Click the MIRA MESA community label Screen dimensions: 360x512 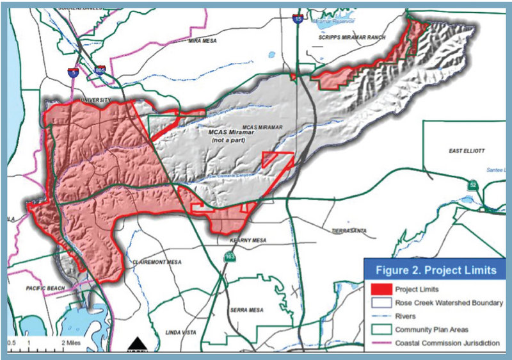click(x=204, y=41)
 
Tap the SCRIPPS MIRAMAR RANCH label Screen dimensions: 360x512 click(x=353, y=38)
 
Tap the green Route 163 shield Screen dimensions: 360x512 click(x=228, y=256)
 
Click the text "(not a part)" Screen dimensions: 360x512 click(x=228, y=139)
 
